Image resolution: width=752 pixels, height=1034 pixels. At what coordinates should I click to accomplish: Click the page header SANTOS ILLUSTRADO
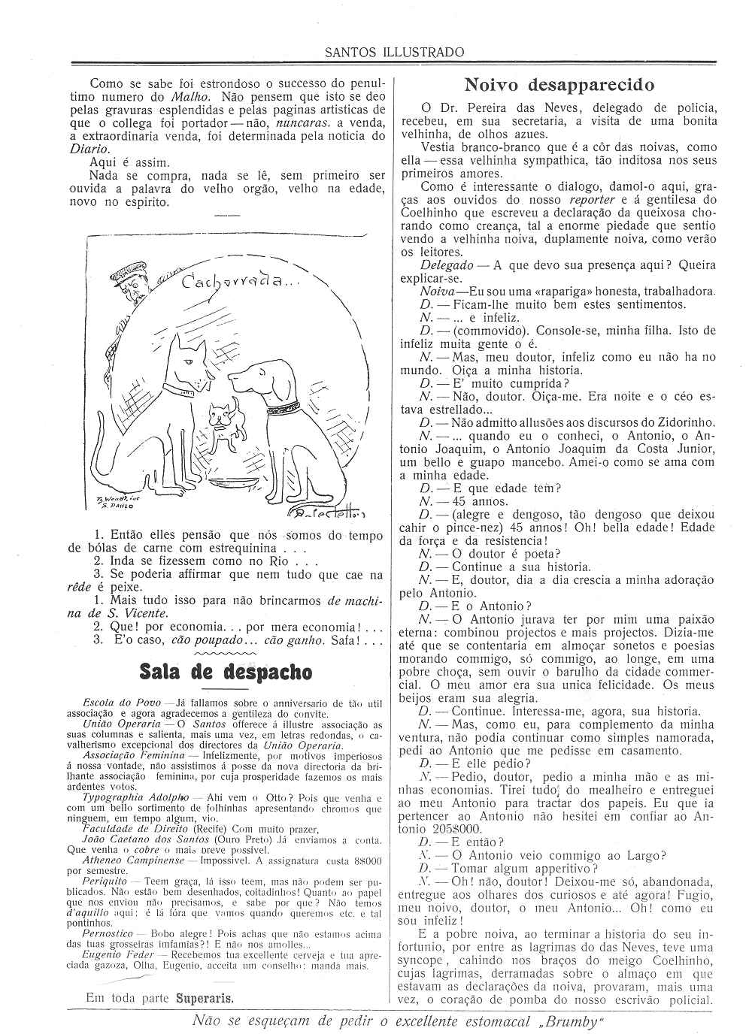point(394,52)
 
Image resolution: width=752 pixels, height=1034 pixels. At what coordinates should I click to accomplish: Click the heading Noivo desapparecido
point(559,83)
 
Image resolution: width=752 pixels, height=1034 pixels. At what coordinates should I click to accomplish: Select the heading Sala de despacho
point(226,670)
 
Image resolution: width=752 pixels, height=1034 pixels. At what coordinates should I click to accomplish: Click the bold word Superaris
point(205,999)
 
